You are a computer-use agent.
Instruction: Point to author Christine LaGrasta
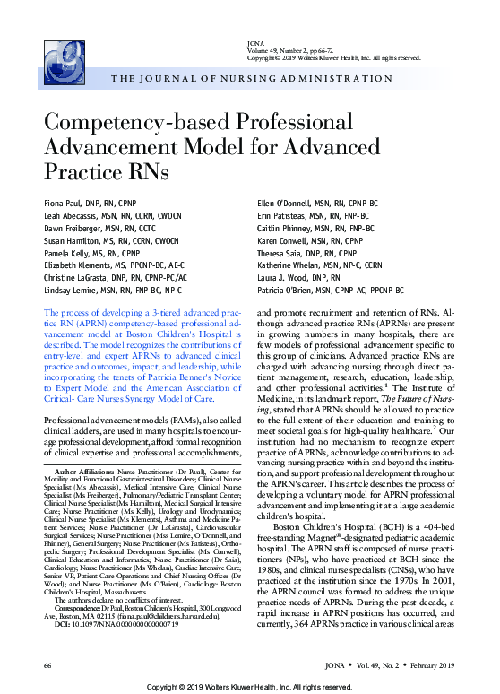[x=79, y=278]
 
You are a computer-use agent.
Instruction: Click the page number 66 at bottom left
[x=47, y=667]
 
